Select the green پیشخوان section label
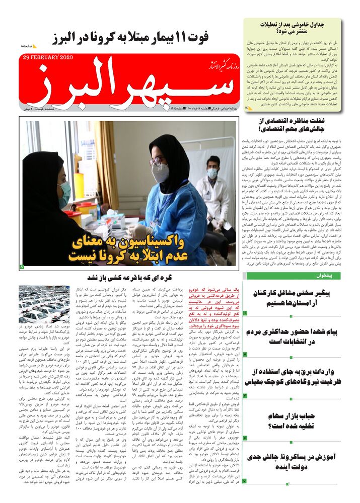click(330, 276)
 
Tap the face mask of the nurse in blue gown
click(160, 173)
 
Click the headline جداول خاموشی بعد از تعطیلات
click(292, 28)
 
